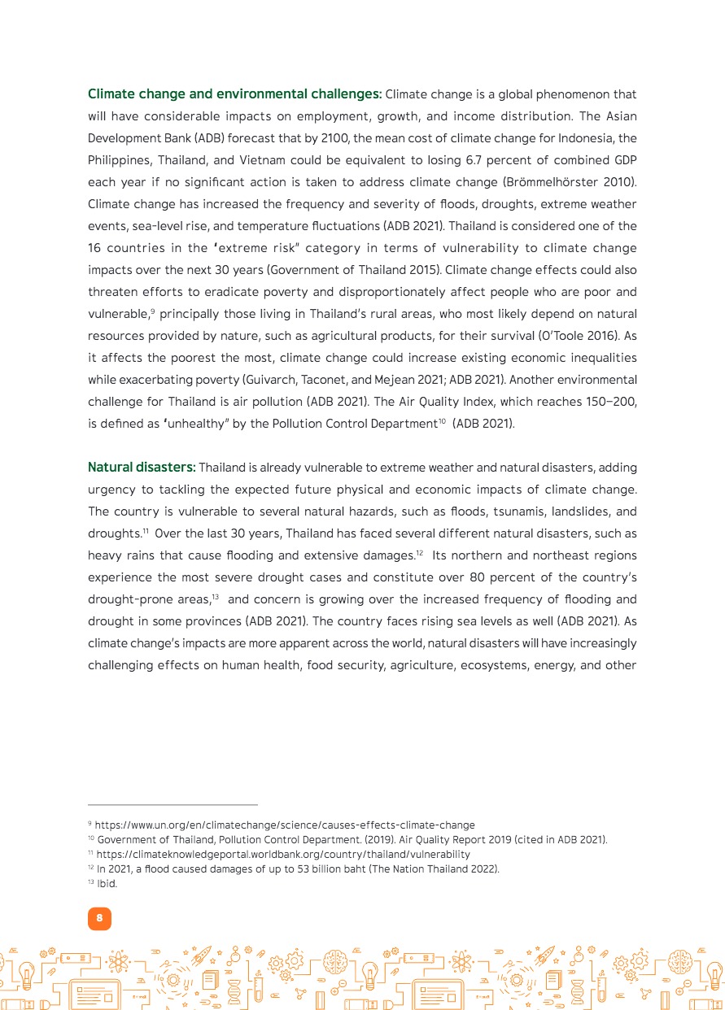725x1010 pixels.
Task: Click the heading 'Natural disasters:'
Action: point(142,468)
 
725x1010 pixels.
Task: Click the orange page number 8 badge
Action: point(99,919)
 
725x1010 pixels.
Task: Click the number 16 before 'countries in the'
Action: point(96,247)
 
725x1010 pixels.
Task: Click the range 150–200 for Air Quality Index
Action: point(609,401)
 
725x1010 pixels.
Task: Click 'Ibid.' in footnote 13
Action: point(107,884)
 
